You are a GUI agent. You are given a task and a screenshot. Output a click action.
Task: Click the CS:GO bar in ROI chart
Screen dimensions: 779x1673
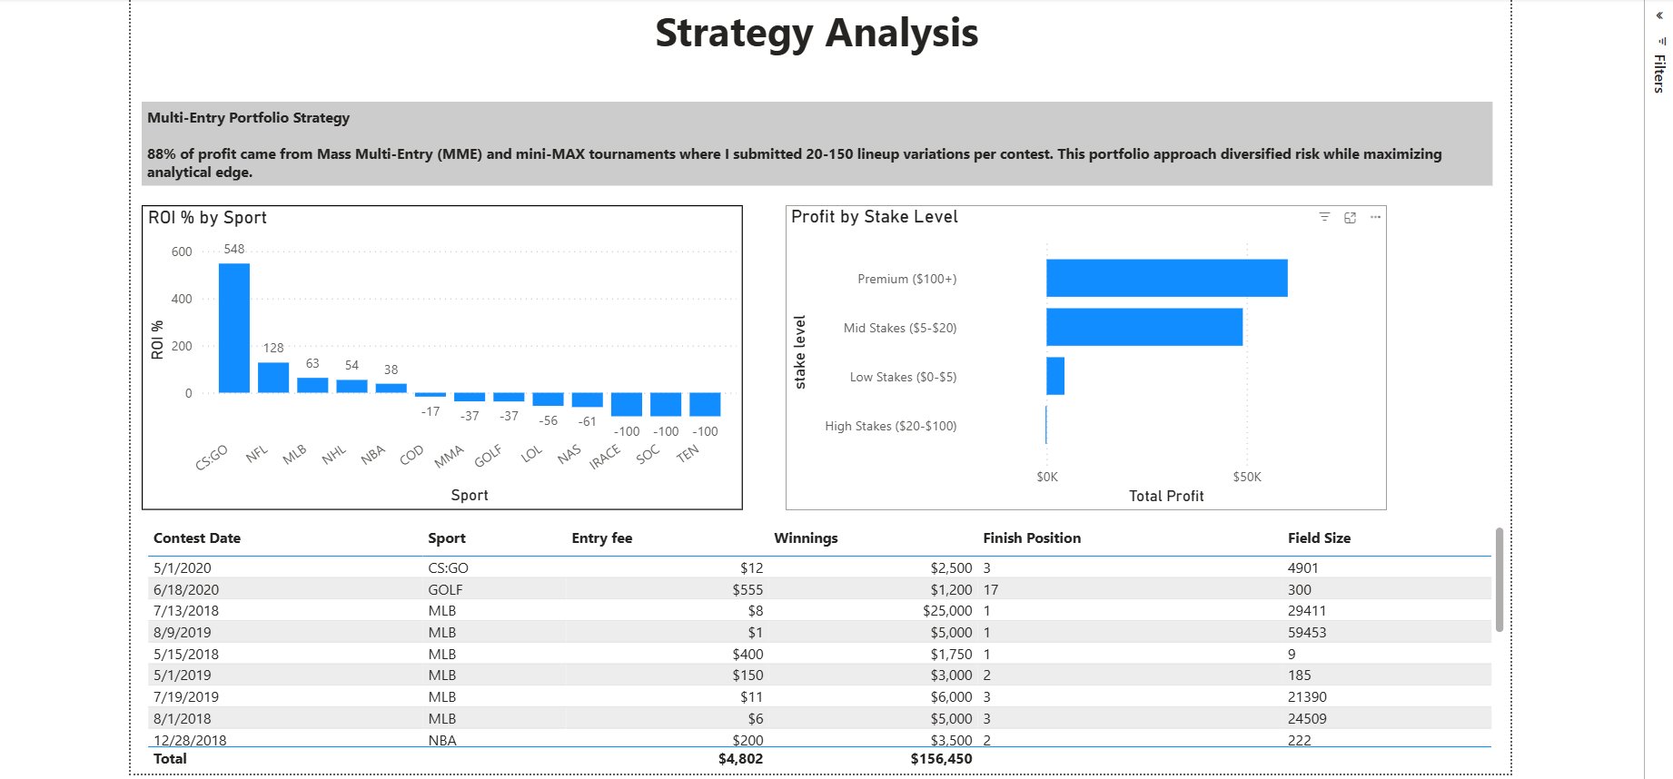234,328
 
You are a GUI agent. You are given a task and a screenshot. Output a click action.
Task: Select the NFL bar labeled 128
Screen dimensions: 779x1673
273,378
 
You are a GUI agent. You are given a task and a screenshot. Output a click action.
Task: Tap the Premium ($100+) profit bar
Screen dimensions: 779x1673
1166,278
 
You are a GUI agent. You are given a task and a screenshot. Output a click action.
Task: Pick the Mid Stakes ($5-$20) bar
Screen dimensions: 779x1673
1143,327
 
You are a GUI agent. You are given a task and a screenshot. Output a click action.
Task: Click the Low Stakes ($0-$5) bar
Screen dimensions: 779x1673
1055,376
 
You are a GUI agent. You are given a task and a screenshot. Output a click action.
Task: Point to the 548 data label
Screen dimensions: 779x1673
234,249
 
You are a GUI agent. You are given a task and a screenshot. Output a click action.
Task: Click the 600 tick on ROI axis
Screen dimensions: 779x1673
182,251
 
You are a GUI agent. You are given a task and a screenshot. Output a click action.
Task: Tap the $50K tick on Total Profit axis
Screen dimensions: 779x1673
1247,477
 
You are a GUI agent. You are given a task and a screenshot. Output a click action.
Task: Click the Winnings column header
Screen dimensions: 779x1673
806,538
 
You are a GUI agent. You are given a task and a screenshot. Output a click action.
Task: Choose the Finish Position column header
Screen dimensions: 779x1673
1032,538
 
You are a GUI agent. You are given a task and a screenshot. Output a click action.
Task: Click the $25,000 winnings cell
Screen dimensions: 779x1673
947,611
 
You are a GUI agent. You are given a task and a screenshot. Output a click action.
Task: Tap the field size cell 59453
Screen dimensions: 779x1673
1307,633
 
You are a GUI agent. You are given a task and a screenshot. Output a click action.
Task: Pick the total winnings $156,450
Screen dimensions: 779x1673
941,759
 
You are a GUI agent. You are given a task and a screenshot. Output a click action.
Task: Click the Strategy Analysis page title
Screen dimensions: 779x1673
817,34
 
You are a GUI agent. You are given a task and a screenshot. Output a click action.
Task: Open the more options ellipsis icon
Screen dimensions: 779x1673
1375,217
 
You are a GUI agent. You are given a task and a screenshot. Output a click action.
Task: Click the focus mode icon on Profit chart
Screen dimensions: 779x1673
1350,217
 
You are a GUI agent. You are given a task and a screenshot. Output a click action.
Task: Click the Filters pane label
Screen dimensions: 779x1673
1658,74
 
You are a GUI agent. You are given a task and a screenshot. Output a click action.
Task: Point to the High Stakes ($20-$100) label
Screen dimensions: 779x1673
890,426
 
